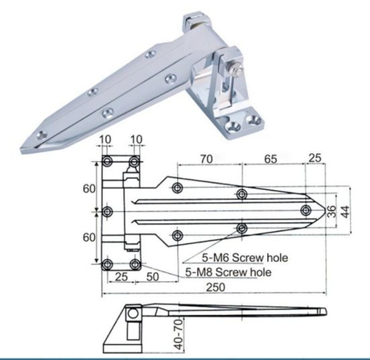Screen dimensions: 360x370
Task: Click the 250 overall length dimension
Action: point(215,288)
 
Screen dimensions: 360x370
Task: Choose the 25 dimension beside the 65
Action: point(316,159)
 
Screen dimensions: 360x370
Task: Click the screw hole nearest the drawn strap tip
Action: point(305,210)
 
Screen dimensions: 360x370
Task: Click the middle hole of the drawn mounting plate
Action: point(108,213)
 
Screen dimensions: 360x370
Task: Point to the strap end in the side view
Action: point(323,314)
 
